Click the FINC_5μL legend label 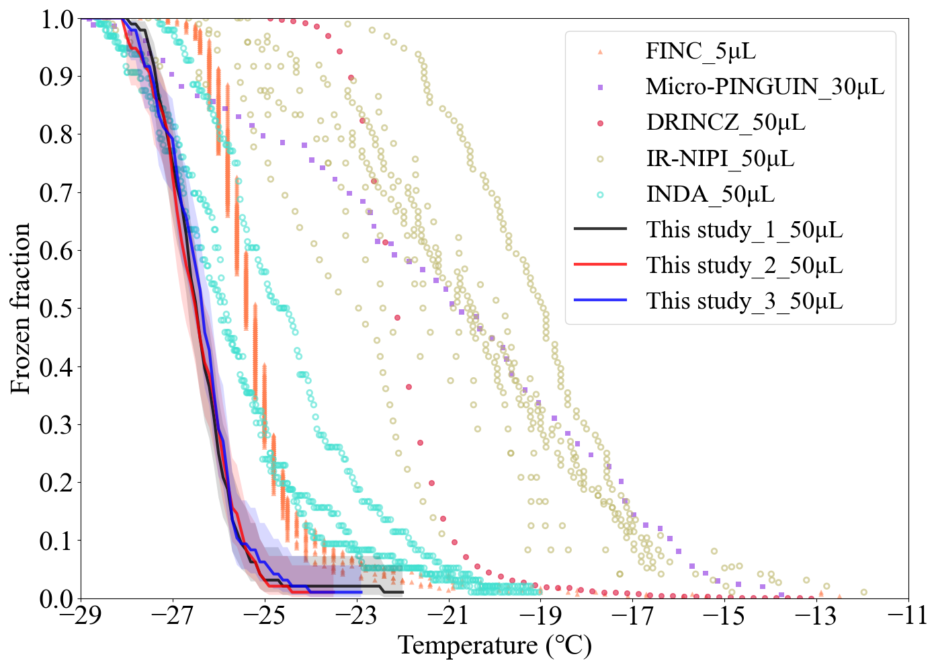701,51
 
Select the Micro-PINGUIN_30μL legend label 765,87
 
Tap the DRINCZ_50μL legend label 726,122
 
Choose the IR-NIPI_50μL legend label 720,159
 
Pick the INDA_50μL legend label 710,194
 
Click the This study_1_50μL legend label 744,230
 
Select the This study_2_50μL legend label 744,266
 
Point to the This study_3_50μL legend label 744,301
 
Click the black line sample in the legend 600,229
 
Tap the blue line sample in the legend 600,301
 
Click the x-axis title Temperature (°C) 495,646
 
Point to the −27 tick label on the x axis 173,616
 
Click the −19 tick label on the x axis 540,616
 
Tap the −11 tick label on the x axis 908,616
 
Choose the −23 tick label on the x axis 357,616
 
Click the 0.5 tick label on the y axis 56,309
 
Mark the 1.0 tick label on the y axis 56,19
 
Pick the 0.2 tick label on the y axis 56,482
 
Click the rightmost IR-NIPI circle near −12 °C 863,592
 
